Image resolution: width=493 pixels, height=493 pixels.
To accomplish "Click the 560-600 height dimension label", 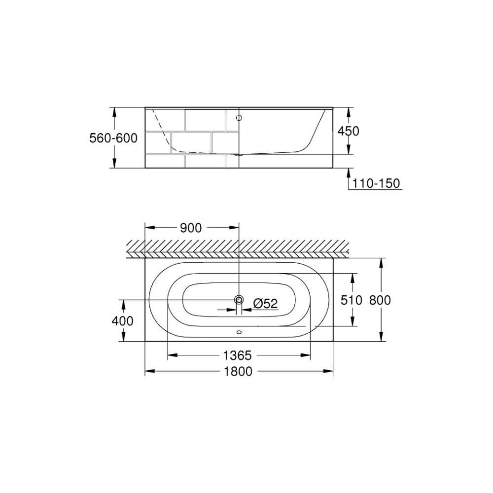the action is click(113, 138).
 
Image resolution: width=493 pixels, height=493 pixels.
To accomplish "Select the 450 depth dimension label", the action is click(349, 131).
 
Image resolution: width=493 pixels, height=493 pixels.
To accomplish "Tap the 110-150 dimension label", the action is click(376, 183).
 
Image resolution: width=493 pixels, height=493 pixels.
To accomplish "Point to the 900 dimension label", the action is click(191, 228).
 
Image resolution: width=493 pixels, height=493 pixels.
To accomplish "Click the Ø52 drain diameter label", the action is click(266, 303).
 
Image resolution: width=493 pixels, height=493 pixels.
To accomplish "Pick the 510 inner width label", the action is click(352, 300).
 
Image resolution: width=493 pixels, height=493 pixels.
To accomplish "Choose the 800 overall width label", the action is click(380, 300).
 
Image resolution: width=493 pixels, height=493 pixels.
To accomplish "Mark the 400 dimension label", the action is click(123, 321).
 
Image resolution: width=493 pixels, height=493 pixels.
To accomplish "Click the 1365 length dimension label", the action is click(238, 355).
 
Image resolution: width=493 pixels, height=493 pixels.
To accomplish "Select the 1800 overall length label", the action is click(238, 371).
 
